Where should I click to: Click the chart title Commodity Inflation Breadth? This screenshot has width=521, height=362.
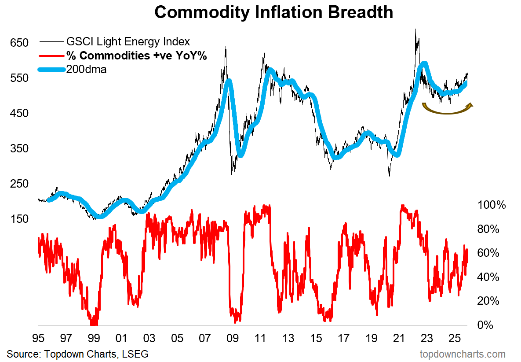(x=273, y=12)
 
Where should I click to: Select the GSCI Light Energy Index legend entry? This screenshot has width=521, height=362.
(x=128, y=42)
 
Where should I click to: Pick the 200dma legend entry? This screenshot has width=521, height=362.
(x=86, y=69)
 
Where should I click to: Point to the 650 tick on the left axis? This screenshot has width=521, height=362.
(x=19, y=43)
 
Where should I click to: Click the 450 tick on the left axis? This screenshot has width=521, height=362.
(x=19, y=113)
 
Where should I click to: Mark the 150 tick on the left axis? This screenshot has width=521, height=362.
(x=19, y=219)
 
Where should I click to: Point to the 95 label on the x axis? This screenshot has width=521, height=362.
(x=38, y=339)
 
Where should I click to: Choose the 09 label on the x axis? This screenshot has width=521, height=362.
(x=233, y=339)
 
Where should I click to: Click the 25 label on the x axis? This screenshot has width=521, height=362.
(x=454, y=339)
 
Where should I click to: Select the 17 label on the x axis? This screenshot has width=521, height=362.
(x=343, y=339)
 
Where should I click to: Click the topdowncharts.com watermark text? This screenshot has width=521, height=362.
(x=463, y=354)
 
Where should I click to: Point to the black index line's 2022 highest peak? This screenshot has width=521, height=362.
(x=415, y=30)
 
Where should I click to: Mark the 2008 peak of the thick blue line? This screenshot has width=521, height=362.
(x=228, y=81)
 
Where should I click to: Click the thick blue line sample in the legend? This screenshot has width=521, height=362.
(x=51, y=69)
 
